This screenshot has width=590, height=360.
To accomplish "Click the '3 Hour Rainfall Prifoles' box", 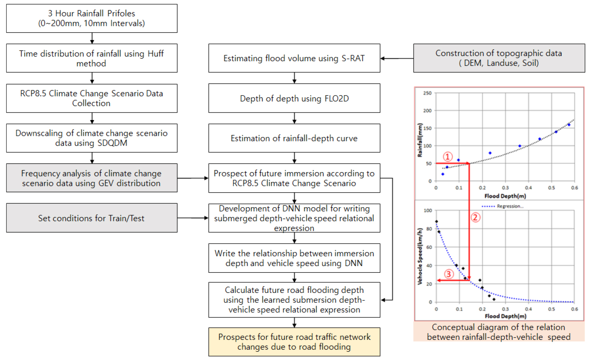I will [92, 19].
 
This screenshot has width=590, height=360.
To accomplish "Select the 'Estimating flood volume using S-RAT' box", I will [294, 58].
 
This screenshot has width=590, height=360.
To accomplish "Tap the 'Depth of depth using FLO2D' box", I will [294, 98].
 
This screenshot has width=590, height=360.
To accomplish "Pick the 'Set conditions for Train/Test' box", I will [92, 218].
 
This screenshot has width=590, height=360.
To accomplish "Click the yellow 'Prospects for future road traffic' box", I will [294, 342].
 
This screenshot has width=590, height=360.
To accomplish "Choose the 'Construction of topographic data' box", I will [499, 58].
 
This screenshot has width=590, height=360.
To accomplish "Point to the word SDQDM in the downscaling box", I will [112, 143].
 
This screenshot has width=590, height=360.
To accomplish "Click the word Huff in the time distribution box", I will [155, 54].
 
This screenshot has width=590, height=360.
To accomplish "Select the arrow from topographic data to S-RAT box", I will [397, 58].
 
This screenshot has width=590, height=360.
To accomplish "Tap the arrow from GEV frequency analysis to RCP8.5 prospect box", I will [193, 178].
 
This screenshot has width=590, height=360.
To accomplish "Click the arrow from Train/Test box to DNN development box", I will [193, 218].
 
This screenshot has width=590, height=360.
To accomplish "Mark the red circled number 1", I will [447, 157].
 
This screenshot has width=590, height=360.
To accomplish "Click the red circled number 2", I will [476, 217].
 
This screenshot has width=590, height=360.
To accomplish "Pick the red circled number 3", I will [449, 274].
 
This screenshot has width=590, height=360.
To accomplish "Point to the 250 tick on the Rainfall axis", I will [427, 93].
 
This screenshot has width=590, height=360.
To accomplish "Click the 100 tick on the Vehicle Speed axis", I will [427, 210].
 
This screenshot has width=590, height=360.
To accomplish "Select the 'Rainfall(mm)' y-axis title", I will [420, 140].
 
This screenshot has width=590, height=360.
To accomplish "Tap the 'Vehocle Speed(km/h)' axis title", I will [420, 256].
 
